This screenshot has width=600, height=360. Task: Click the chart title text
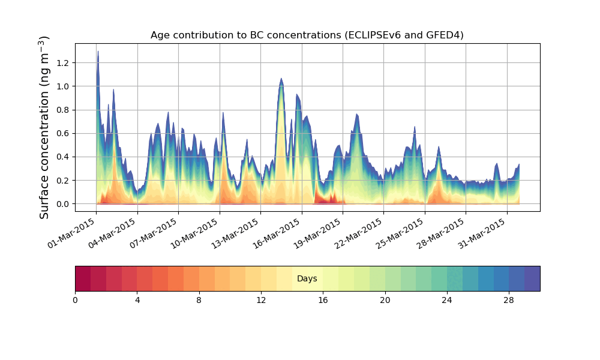[307, 35]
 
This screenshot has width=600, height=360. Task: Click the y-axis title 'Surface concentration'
[45, 127]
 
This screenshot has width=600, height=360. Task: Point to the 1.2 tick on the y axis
[63, 63]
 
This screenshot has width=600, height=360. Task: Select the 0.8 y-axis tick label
[63, 110]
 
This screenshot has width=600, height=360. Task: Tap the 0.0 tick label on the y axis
[63, 204]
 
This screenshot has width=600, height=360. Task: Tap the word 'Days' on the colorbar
[307, 279]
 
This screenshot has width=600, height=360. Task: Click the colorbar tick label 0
[75, 299]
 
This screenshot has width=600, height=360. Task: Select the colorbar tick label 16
[323, 299]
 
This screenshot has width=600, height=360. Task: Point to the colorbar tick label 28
[509, 299]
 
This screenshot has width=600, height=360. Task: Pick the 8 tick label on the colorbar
[199, 299]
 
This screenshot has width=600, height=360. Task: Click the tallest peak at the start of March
[98, 52]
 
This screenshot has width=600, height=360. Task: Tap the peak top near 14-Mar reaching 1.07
[281, 79]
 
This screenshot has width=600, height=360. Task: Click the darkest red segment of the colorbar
[83, 278]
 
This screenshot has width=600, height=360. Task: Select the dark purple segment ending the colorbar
[532, 278]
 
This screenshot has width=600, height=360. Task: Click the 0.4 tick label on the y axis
[63, 157]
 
